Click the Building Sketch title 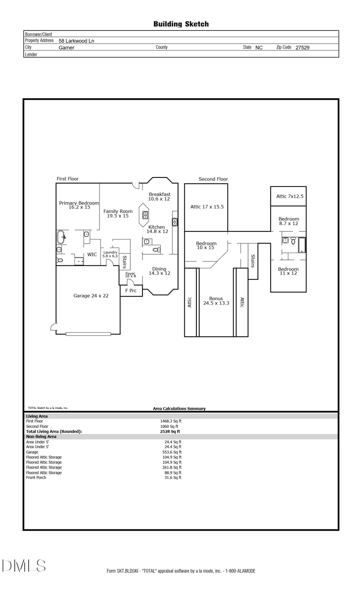tap(181, 24)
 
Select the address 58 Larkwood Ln tap(76, 41)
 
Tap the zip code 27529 tap(302, 48)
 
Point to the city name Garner tap(66, 48)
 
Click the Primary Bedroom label tap(79, 205)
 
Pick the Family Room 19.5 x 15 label tap(118, 214)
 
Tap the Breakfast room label tap(159, 196)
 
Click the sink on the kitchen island tap(145, 215)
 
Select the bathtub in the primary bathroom tap(61, 237)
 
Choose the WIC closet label tap(92, 254)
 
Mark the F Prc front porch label tap(131, 291)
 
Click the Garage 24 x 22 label tap(91, 296)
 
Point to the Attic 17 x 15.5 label tap(207, 207)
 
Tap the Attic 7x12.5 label tap(290, 196)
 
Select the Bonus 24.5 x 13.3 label tap(216, 301)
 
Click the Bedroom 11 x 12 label tap(288, 271)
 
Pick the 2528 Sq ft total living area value tap(170, 431)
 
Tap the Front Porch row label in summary tap(36, 477)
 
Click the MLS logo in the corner tap(24, 566)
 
